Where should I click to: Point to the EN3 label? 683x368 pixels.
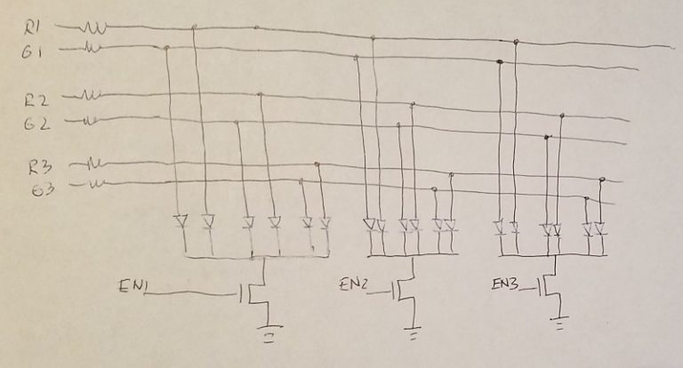pos(505,284)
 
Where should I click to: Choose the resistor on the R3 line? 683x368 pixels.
pos(93,164)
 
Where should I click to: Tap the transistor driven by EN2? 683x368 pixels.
pos(405,291)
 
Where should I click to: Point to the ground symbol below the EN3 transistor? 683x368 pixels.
pos(560,325)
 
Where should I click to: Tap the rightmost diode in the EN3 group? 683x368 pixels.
pos(601,228)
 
